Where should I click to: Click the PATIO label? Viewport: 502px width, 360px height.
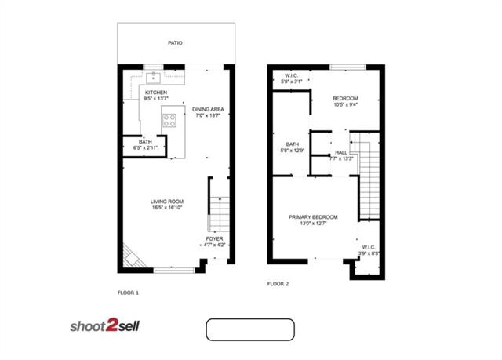(174, 43)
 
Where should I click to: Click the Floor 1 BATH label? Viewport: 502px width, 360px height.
(146, 143)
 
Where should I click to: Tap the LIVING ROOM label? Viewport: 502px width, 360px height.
(167, 202)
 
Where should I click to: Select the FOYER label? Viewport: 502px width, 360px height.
(214, 238)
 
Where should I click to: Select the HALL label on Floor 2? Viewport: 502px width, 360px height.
(340, 152)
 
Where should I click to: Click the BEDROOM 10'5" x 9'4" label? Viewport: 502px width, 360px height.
(345, 98)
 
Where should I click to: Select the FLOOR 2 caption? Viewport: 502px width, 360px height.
(278, 283)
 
